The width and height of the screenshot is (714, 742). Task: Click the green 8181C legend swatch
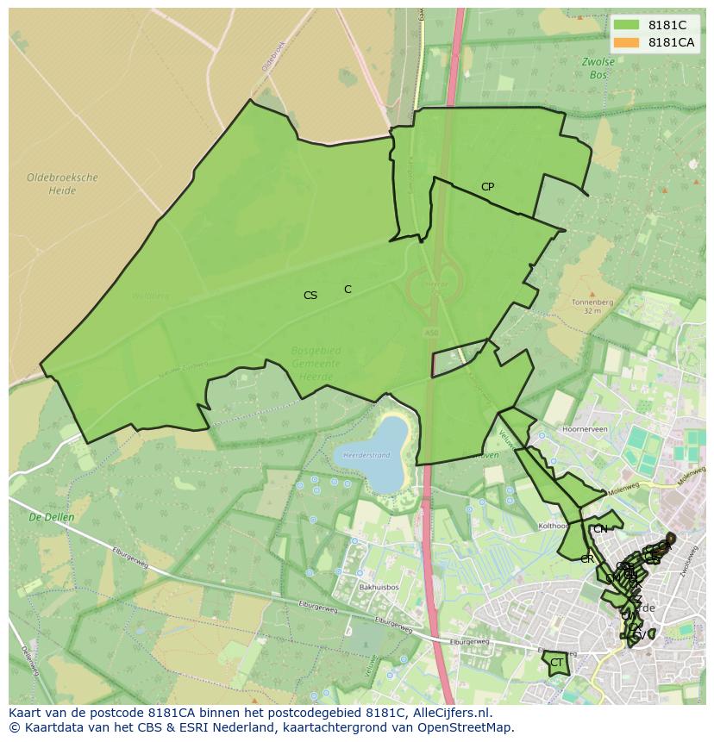[x=627, y=25]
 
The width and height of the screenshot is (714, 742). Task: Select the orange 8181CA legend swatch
[x=627, y=42]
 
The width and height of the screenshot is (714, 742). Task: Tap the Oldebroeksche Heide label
[x=62, y=184]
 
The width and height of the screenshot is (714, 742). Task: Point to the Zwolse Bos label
[x=598, y=68]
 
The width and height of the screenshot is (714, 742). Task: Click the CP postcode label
[x=487, y=187]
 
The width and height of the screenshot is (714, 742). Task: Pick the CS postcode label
[x=310, y=296]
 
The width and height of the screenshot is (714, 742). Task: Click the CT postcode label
[x=556, y=663]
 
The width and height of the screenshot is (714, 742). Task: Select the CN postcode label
[x=600, y=528]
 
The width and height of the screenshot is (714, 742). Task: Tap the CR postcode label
[x=587, y=559]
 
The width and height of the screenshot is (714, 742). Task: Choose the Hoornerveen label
[x=585, y=427]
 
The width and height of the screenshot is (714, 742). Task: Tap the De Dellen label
[x=52, y=518]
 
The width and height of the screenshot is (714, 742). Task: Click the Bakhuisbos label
[x=378, y=587]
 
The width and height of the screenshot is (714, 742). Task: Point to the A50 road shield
[x=431, y=331]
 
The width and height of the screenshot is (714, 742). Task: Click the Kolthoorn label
[x=553, y=526]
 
